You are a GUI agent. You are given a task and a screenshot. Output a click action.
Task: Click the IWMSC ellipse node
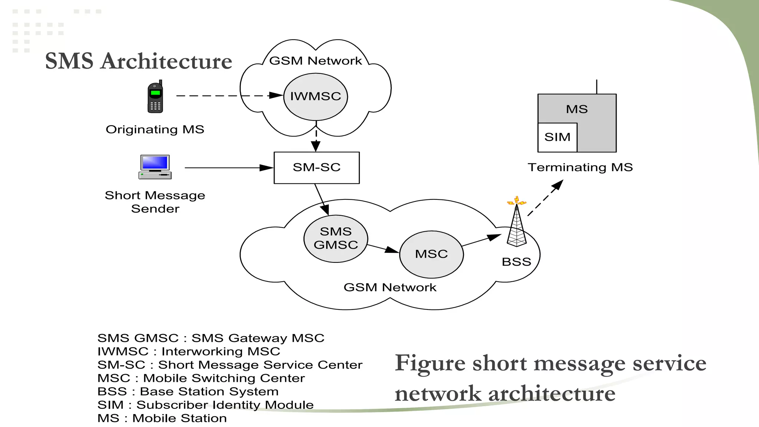315,96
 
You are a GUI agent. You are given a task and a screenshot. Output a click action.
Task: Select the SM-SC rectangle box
316,168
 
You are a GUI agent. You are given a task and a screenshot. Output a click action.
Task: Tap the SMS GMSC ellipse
336,238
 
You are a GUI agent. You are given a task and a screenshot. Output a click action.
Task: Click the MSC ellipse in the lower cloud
431,254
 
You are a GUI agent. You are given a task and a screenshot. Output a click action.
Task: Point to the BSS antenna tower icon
517,226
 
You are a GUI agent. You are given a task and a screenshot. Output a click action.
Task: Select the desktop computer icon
155,167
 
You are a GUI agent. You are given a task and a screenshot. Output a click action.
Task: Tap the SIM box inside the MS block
557,137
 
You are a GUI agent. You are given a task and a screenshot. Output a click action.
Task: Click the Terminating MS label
580,167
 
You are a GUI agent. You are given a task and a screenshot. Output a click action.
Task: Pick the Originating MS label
155,129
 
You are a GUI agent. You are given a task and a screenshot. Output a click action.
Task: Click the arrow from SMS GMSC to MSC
383,248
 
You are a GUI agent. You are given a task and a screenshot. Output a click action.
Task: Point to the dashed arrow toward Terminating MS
545,198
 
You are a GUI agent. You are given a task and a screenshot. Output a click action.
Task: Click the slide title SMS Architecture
139,61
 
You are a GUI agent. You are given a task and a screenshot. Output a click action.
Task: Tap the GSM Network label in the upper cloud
315,61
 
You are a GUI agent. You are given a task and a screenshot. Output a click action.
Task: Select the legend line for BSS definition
188,391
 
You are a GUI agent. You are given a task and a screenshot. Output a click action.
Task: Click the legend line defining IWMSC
189,351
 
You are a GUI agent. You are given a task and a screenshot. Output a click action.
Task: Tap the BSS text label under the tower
516,262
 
